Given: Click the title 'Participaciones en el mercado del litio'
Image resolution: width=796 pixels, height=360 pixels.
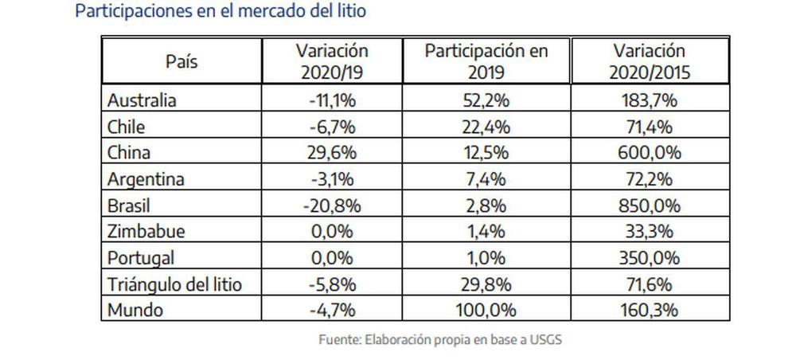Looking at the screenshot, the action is pos(220,11).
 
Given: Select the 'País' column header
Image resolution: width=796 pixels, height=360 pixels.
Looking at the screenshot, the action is pos(181,62).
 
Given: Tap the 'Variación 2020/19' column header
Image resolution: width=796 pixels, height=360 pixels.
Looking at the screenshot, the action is pos(332,62).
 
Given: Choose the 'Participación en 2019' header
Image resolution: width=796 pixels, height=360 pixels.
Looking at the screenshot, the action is pos(486,62).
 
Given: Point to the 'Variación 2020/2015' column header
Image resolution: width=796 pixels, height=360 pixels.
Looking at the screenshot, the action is pos(650,62).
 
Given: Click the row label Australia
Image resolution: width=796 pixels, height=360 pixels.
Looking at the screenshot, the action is pos(142,100).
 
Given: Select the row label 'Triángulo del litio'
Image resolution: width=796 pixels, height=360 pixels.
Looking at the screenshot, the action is pos(174,285).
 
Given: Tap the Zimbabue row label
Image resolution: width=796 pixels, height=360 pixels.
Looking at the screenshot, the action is pos(146,232).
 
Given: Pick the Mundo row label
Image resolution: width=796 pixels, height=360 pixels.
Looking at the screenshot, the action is pos(135,310).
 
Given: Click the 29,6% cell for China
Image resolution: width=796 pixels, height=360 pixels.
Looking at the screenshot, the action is pos(332,153).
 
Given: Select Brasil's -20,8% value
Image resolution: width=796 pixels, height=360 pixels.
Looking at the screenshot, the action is pos(332,205).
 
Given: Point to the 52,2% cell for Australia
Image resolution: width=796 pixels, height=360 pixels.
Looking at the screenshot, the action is pos(486,100).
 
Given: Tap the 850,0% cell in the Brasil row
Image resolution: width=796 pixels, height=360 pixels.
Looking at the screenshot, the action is pos(650,205).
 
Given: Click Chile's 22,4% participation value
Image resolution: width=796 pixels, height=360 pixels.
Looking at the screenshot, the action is pos(486,127).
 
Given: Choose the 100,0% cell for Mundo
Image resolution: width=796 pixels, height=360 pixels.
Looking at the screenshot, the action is pos(486,310).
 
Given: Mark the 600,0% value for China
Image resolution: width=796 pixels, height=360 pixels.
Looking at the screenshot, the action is pos(650,153).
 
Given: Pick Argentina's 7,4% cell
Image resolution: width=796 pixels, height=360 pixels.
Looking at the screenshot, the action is pos(486,179).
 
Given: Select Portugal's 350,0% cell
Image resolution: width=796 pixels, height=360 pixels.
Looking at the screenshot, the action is pos(650,258).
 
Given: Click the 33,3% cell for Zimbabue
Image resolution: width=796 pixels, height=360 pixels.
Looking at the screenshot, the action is pos(650,232).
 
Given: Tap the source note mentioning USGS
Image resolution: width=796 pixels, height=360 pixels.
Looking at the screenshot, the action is pos(440,339).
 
